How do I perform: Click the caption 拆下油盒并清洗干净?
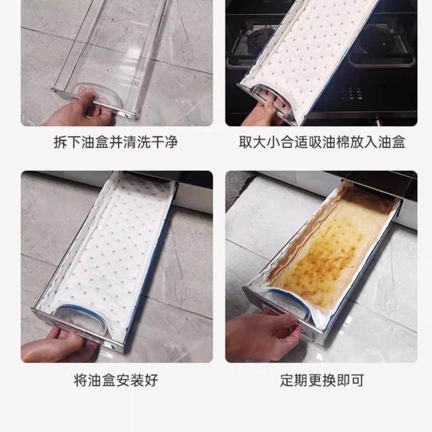(x=115, y=143)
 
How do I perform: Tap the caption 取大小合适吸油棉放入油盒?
(x=322, y=143)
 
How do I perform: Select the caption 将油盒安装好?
(x=115, y=380)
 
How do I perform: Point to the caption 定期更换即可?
(x=322, y=380)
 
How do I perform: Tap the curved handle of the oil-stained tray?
(x=287, y=304)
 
